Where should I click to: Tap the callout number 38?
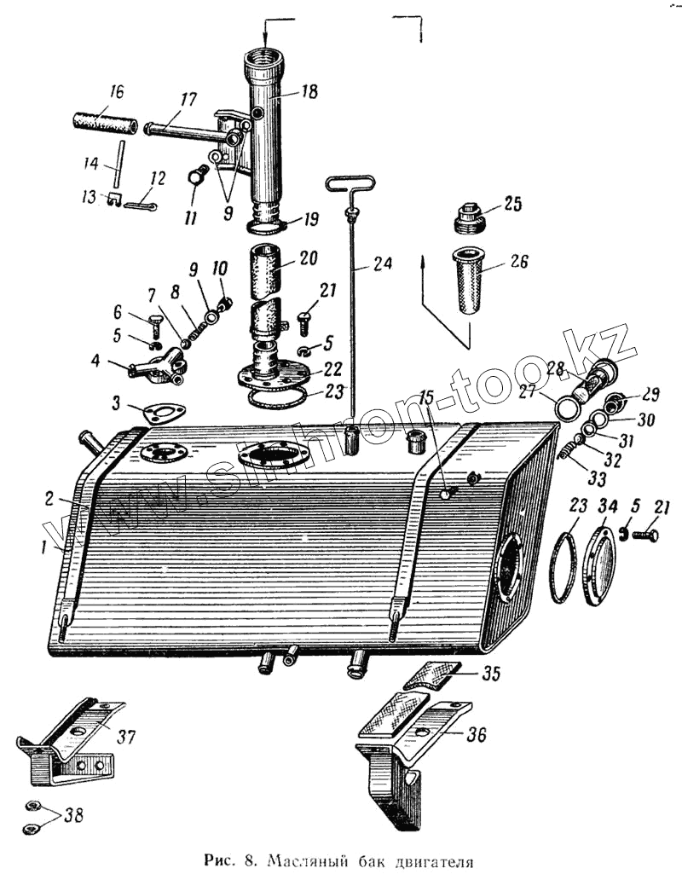pos(74,815)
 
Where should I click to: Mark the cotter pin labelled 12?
pos(141,205)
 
